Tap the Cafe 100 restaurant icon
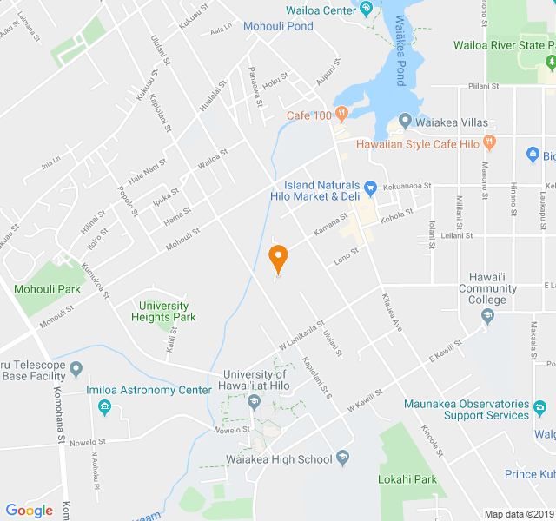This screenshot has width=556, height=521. click(342, 114)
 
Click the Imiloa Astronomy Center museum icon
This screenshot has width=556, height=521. click(105, 406)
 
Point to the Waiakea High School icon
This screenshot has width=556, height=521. click(342, 458)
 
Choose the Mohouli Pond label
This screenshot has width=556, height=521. click(278, 27)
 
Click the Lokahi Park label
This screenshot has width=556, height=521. click(407, 478)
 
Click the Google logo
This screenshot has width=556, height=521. click(30, 511)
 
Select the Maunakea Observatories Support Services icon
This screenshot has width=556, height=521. click(539, 406)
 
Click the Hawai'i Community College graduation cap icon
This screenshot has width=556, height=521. click(487, 318)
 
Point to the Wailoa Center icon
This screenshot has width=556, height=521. click(367, 10)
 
